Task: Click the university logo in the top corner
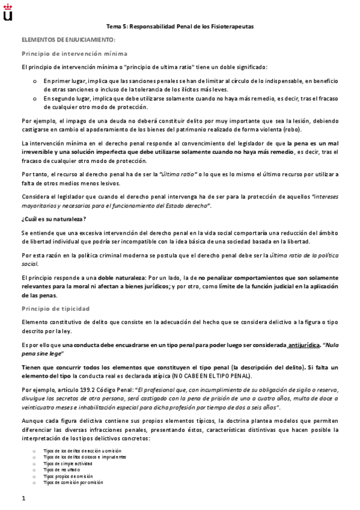point(8,11)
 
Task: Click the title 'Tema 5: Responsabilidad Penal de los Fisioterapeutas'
point(180,27)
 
